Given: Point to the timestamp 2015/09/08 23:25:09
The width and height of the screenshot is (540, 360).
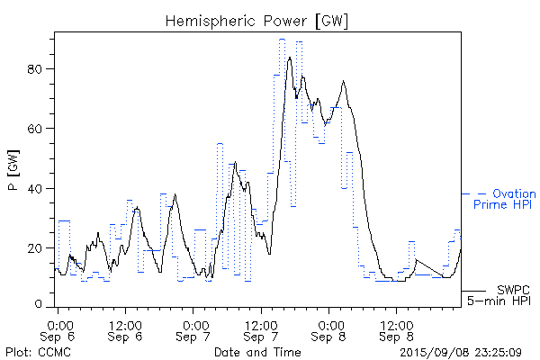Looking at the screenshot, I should pyautogui.click(x=460, y=351).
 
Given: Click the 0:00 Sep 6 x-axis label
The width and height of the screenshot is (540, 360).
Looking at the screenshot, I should pyautogui.click(x=58, y=328).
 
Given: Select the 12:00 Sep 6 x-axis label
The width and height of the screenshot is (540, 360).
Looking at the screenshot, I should pyautogui.click(x=125, y=328).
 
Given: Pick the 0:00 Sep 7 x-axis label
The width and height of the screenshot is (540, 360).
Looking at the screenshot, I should pyautogui.click(x=193, y=328).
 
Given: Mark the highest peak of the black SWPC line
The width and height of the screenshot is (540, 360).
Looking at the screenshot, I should pyautogui.click(x=290, y=57).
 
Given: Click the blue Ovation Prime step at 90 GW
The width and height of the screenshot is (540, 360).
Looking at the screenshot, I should pyautogui.click(x=282, y=39).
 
